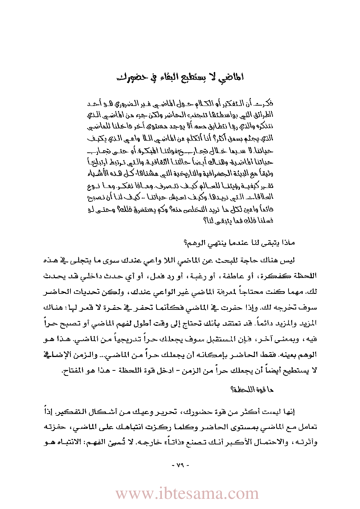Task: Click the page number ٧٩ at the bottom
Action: pyautogui.click(x=180, y=465)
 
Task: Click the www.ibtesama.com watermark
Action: pyautogui.click(x=187, y=494)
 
